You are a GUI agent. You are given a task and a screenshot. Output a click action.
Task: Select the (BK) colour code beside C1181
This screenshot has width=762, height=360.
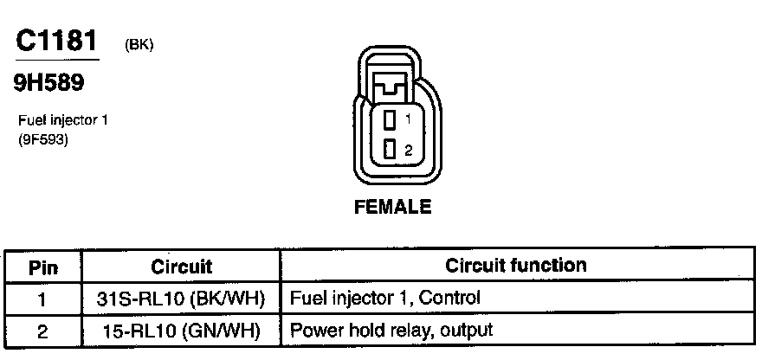pos(139,45)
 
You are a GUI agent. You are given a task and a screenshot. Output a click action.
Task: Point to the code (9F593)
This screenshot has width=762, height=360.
pos(42,137)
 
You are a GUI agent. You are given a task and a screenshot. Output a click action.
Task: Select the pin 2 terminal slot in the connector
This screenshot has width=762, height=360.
pos(391,149)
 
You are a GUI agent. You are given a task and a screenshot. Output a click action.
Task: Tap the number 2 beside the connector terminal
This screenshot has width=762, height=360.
pos(408,150)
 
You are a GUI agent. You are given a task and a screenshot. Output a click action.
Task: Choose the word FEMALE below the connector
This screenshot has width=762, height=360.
pos(393,207)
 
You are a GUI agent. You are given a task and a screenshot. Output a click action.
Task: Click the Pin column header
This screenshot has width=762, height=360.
pos(42,267)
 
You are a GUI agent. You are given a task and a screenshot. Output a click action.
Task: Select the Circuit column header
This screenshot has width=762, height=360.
pos(181,267)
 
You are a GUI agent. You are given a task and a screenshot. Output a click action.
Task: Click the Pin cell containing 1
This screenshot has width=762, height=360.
pos(42,299)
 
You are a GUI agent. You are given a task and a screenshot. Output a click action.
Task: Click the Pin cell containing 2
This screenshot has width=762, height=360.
pos(42,330)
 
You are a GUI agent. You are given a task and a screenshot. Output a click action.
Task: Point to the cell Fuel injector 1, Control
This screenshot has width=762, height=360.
pos(385,299)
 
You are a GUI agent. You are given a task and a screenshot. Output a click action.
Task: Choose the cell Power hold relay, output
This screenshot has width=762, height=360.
pos(391,330)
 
